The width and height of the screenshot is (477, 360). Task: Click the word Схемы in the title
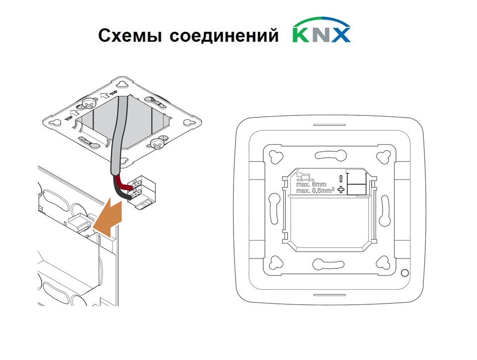click(130, 35)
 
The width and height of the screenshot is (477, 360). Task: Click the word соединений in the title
click(224, 35)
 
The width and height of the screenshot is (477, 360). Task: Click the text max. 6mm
click(311, 184)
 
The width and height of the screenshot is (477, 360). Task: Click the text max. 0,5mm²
click(315, 190)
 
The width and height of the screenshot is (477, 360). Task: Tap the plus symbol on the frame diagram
click(341, 189)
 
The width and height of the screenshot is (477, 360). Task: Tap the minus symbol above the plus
click(341, 179)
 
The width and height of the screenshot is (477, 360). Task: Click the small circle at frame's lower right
click(405, 272)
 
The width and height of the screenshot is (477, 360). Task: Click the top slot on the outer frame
click(329, 124)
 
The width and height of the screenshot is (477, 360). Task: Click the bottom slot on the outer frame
click(329, 295)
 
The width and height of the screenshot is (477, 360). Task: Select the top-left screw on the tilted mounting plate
click(88, 104)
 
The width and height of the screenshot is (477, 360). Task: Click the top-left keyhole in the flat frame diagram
click(276, 157)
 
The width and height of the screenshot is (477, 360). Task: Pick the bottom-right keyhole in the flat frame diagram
click(383, 263)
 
